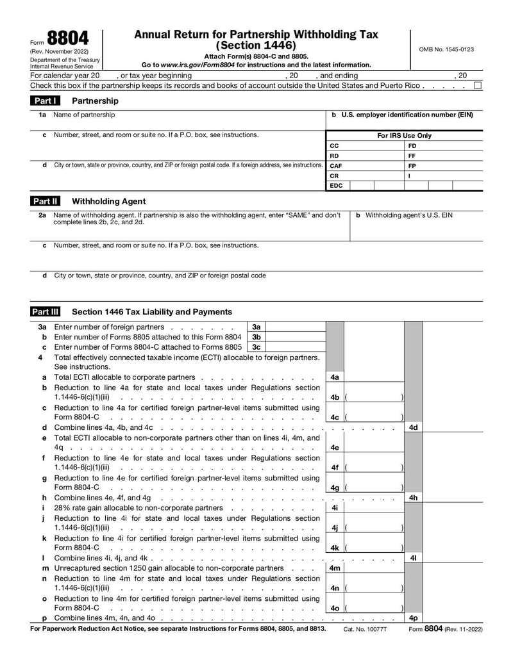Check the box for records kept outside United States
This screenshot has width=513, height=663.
(478, 85)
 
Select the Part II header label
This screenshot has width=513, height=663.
(46, 201)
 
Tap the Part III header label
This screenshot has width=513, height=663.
(46, 312)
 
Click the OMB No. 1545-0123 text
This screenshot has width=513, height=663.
(446, 49)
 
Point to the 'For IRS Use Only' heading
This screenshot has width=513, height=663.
(404, 136)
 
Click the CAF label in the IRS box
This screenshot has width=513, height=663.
(335, 165)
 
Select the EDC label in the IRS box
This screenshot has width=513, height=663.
(336, 186)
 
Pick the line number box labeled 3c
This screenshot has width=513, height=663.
(256, 347)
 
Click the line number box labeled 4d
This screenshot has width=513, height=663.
(414, 427)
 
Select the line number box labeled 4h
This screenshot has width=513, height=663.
(414, 498)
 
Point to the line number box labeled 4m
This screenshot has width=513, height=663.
(335, 568)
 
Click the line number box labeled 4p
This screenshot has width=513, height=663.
(414, 618)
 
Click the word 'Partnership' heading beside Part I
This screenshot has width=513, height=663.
(95, 101)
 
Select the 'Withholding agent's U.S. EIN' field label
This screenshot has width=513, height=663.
(408, 215)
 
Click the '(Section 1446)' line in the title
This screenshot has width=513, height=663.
(256, 45)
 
